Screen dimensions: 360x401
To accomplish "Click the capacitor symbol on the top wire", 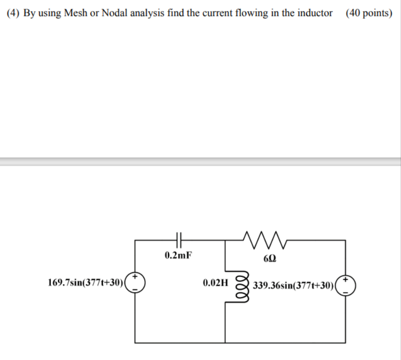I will point(179,239).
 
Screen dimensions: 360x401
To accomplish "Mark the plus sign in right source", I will point(346,279).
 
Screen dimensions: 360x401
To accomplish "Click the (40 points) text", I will point(369,13).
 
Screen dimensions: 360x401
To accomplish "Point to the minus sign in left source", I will point(136,290).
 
